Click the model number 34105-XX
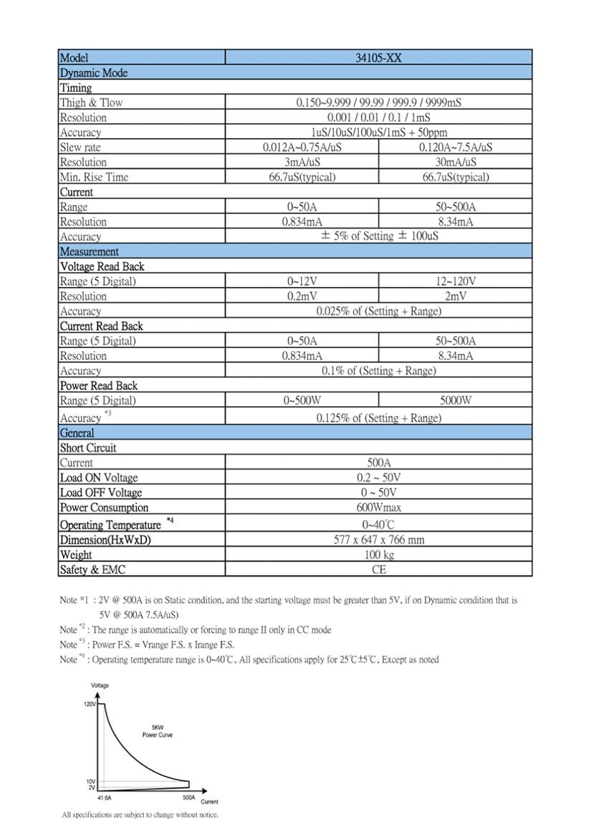[378, 58]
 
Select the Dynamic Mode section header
[94, 73]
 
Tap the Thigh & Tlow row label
[91, 102]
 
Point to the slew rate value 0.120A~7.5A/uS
[455, 148]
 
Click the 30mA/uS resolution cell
[455, 162]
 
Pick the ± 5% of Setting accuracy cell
[378, 236]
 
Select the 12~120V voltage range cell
[455, 282]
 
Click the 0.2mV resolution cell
[302, 296]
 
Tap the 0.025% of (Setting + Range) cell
[378, 311]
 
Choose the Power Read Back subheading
[98, 385]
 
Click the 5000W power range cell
[455, 400]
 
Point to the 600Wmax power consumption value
[378, 508]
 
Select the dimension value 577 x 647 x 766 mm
[378, 539]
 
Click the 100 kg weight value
[378, 554]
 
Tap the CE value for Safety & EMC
[378, 570]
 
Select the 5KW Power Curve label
[157, 731]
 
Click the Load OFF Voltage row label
[100, 493]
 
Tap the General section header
[77, 433]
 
